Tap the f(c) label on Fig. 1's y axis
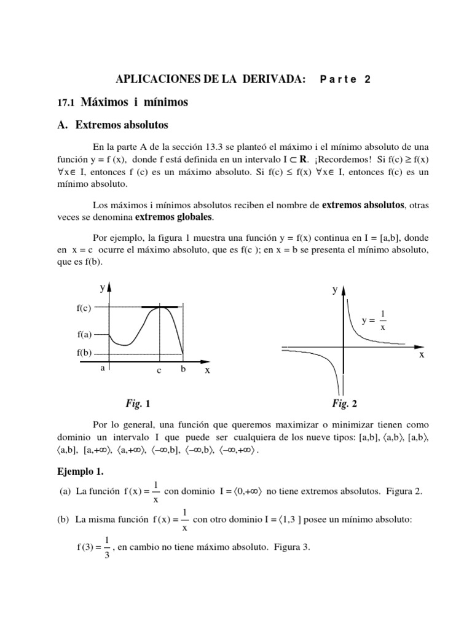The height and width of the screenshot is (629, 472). (x=84, y=308)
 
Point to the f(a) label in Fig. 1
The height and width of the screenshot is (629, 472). (x=84, y=335)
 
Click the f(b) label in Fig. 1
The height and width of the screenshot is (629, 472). (x=84, y=354)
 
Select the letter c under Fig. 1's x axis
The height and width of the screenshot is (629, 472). (x=159, y=371)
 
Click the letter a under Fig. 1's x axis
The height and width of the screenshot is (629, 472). (x=103, y=368)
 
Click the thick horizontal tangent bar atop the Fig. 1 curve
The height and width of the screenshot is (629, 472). (x=160, y=306)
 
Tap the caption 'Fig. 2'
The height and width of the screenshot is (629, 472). (x=345, y=404)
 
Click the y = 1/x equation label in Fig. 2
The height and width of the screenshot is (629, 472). (x=374, y=320)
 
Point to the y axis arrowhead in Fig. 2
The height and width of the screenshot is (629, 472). (x=343, y=289)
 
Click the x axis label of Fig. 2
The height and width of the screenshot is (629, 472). (x=422, y=355)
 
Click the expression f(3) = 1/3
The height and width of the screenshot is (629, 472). (x=91, y=548)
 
